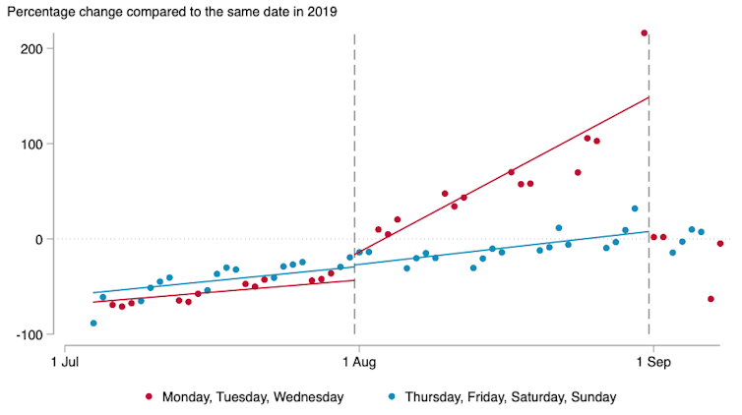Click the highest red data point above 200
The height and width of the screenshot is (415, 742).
(x=645, y=32)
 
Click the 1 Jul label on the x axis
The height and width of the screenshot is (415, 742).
(x=65, y=362)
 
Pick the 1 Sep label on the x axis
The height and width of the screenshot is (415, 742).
(x=650, y=362)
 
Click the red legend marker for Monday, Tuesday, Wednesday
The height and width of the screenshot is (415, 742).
(x=150, y=397)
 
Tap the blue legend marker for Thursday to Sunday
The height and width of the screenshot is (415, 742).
(x=391, y=397)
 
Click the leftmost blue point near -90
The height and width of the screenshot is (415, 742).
(x=93, y=323)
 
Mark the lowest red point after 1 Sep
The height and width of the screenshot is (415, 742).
(x=711, y=299)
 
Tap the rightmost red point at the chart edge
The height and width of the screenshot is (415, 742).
(x=720, y=243)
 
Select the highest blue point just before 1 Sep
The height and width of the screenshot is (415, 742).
(x=635, y=208)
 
